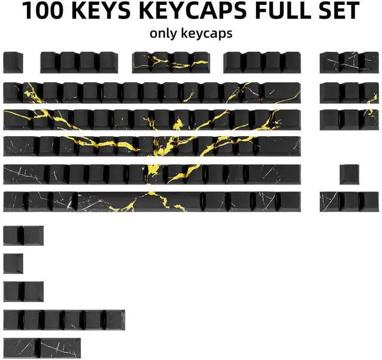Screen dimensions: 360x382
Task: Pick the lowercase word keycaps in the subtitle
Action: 209,33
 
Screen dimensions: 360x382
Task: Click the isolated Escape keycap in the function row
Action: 13,62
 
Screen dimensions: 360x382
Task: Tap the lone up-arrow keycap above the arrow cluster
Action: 349,174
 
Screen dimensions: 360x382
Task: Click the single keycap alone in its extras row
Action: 13,263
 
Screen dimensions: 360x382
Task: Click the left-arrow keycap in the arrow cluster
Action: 329,201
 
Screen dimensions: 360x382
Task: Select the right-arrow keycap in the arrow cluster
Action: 369,201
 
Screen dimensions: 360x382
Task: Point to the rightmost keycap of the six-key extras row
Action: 115,319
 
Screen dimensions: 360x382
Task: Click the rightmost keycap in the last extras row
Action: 60,347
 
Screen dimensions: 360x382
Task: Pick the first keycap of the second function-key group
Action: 142,62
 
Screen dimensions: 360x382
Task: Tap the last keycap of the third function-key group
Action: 291,62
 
